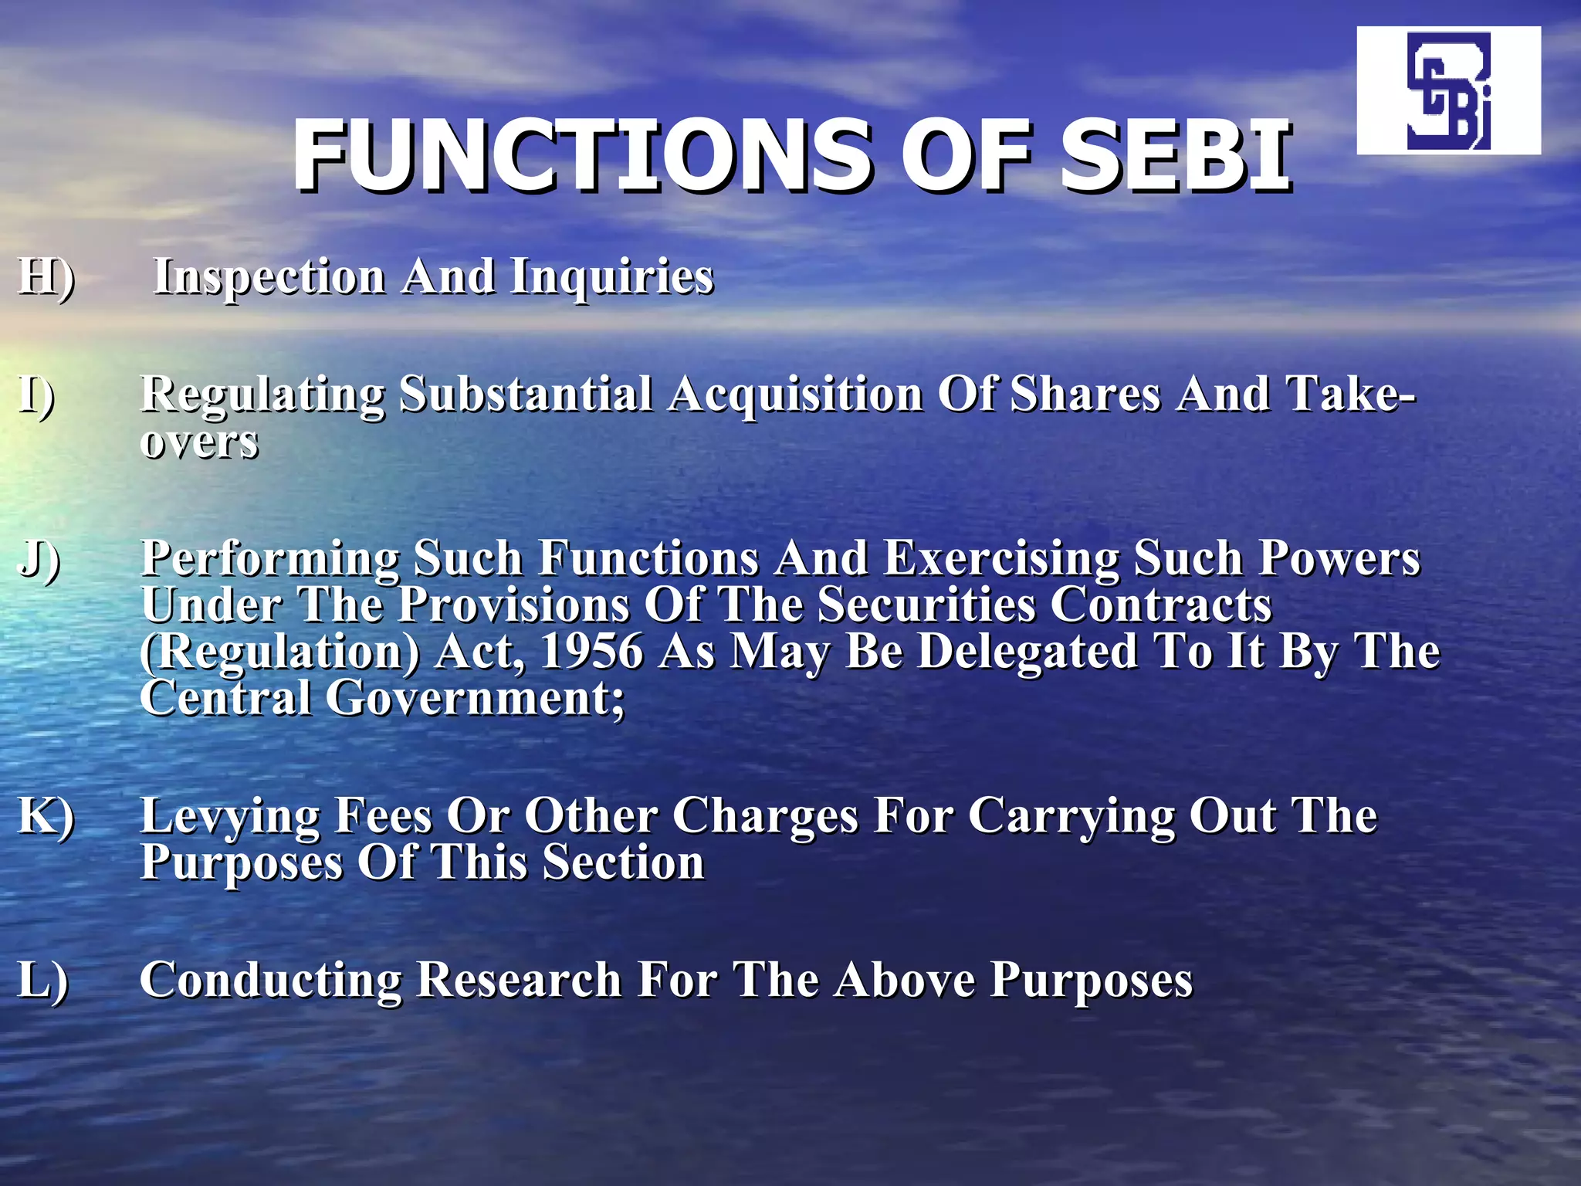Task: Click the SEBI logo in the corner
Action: (x=1448, y=91)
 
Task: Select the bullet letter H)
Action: (x=46, y=276)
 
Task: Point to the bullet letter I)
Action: (x=37, y=394)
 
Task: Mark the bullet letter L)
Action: (x=43, y=981)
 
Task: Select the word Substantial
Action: (x=525, y=394)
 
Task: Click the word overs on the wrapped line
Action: (x=199, y=442)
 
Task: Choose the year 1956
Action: (x=591, y=651)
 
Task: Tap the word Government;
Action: (x=475, y=698)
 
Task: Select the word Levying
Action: (x=230, y=817)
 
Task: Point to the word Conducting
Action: (x=271, y=981)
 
